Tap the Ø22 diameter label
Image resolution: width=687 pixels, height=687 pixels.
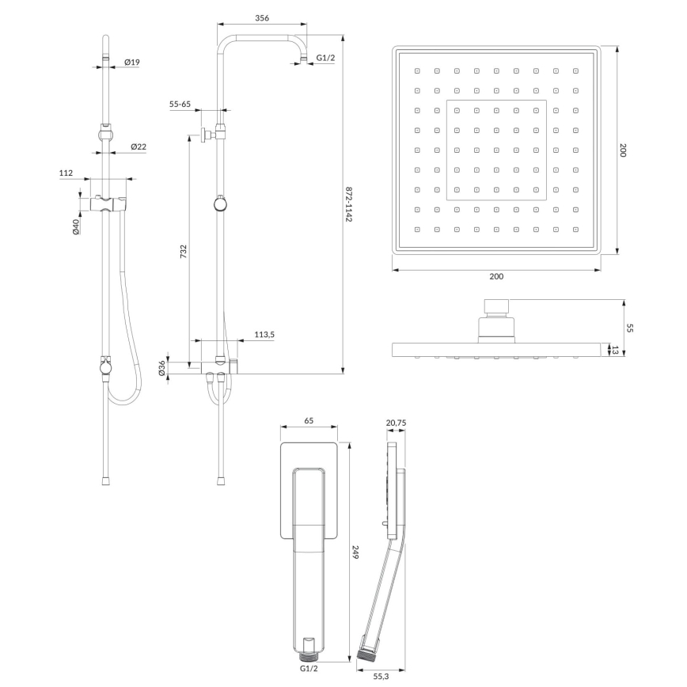pos(138,146)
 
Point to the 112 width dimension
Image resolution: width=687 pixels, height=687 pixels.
pos(66,173)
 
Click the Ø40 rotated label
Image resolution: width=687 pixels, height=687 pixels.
pos(76,226)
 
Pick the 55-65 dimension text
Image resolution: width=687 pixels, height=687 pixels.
pos(180,104)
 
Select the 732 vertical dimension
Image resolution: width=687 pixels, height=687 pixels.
pos(183,251)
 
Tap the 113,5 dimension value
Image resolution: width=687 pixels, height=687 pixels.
pos(264,335)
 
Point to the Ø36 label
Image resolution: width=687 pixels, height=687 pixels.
pos(161,368)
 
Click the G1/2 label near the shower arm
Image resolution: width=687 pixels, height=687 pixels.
pos(325,58)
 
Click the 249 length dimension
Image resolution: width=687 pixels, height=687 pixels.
pos(355,556)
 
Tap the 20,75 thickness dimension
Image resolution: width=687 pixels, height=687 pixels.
pos(396,423)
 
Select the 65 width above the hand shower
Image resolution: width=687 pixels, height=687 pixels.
pos(309,421)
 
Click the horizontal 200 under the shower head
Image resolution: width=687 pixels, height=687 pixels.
pos(496,276)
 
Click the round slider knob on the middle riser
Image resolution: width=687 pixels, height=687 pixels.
pos(220,204)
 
